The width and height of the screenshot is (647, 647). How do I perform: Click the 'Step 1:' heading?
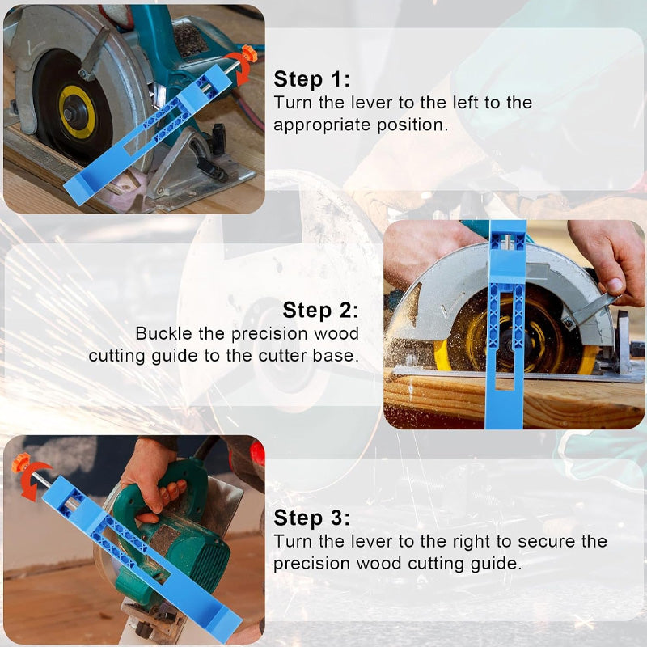coord(311,79)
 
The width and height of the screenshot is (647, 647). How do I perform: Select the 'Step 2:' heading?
coord(320,311)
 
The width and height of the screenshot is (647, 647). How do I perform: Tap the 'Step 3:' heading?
coord(311,518)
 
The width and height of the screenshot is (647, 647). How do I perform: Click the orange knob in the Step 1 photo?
coord(246,55)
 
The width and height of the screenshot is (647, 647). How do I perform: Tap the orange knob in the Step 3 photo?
coord(21,463)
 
